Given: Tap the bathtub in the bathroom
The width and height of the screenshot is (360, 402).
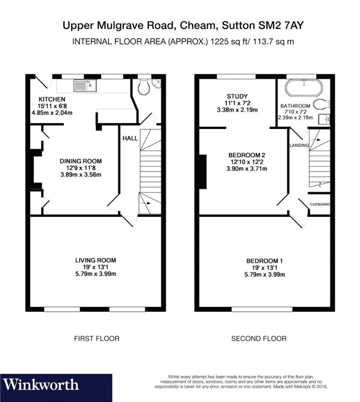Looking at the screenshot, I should coord(305,87).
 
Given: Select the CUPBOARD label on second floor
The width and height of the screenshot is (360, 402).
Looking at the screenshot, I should coord(319,205).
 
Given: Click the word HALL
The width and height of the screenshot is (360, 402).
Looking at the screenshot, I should coord(130,138).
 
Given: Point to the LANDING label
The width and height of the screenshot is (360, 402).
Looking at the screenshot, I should coord(299,145).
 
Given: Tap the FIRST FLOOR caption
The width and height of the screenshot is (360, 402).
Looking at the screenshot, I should coord(97,338).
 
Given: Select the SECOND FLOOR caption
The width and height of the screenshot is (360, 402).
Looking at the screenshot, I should coord(259,338).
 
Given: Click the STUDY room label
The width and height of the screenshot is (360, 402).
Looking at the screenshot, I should coord(234,95).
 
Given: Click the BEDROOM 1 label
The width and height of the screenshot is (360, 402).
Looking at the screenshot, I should coord(265,261).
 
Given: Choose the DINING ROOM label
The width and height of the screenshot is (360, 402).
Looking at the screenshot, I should coord(81,161).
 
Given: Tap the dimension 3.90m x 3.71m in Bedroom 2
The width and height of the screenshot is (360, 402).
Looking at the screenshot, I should coord(246,169).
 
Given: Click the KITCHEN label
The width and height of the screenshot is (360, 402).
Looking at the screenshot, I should coord(52,99).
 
